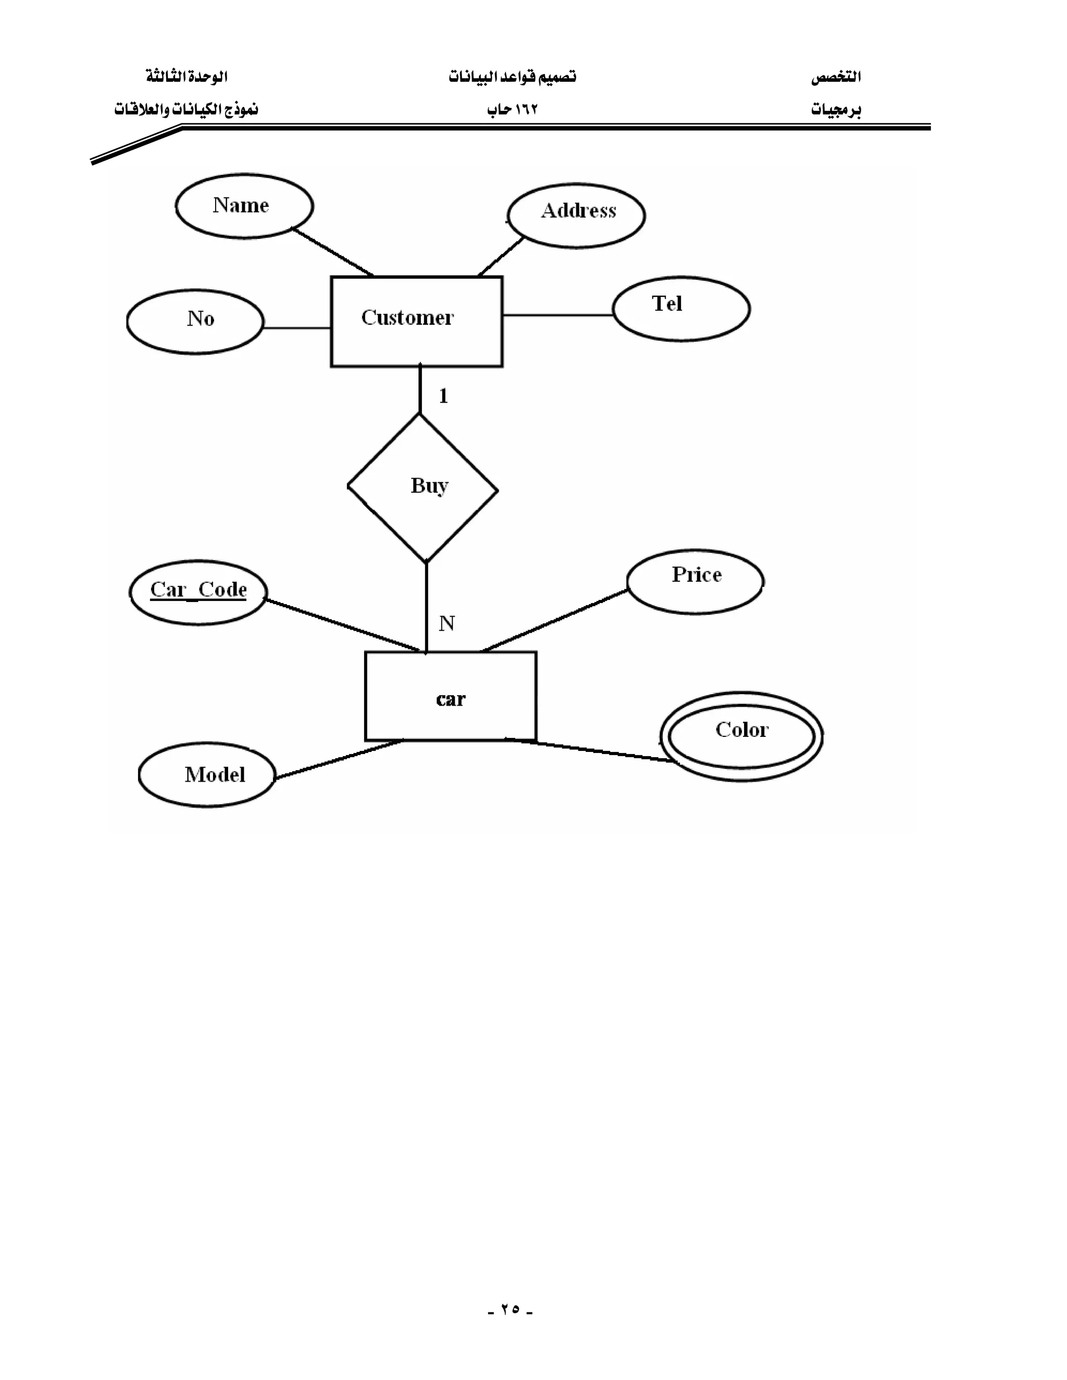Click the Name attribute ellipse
click(x=244, y=206)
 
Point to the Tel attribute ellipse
click(x=681, y=309)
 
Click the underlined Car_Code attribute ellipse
click(x=198, y=592)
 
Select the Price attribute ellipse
click(x=696, y=581)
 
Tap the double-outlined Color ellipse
click(x=741, y=736)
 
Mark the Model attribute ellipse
click(x=207, y=775)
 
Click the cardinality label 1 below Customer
click(x=443, y=396)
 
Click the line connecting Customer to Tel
click(x=557, y=315)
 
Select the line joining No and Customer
click(x=296, y=328)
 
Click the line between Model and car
click(x=338, y=759)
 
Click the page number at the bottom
click(x=511, y=1309)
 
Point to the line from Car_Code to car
click(x=341, y=624)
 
